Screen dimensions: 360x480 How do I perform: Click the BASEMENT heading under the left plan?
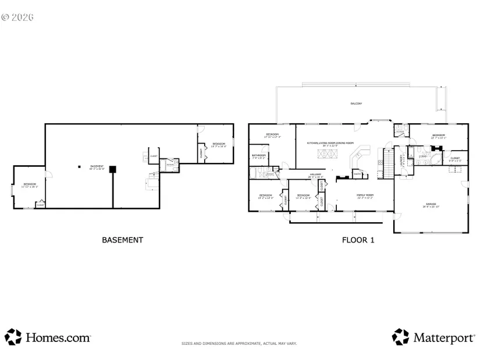click(122, 240)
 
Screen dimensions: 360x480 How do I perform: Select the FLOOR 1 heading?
click(357, 240)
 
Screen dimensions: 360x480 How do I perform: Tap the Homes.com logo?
click(48, 337)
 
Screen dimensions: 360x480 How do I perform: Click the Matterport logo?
click(433, 337)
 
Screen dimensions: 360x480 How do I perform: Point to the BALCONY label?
click(356, 104)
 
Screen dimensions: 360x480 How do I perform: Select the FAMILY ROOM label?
click(365, 196)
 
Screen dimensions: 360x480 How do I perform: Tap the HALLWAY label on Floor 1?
click(315, 175)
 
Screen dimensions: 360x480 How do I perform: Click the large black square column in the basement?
click(113, 169)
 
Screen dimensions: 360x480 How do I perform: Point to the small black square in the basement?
click(79, 167)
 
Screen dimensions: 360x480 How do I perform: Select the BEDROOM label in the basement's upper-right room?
click(218, 144)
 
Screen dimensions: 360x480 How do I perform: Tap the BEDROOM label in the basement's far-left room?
click(30, 186)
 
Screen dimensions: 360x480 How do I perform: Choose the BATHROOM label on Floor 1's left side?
click(259, 156)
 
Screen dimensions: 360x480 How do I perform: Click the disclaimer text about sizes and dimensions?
click(239, 344)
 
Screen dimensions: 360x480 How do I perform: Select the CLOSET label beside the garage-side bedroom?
click(455, 158)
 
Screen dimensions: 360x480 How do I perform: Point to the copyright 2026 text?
click(17, 17)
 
